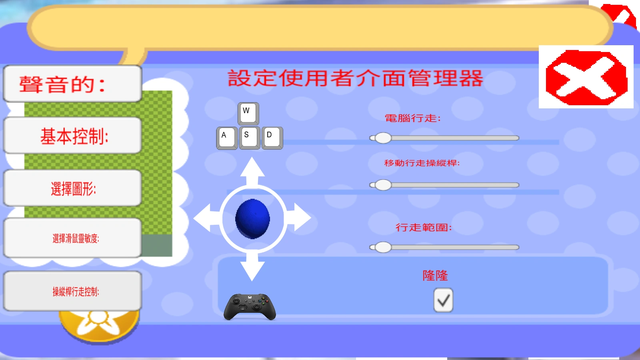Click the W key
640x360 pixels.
tap(248, 114)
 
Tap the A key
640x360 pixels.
tap(227, 138)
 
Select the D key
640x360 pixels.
tap(272, 138)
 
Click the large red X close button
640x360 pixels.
tap(586, 77)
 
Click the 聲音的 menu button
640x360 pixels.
tap(72, 84)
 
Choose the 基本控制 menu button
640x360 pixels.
tap(72, 136)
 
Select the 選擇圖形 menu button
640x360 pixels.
tap(72, 188)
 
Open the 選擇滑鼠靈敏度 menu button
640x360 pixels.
tap(72, 238)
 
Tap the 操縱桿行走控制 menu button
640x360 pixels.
tap(72, 291)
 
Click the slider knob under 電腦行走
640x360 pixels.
tap(383, 138)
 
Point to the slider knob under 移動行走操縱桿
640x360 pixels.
tap(383, 185)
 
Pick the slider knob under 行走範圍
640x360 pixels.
tap(383, 247)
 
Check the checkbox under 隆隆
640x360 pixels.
tap(443, 300)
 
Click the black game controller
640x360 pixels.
tap(250, 307)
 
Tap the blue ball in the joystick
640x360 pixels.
tap(252, 219)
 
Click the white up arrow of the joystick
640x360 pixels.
tap(252, 172)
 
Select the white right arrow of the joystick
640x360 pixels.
tap(298, 218)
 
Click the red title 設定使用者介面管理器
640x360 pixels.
tap(356, 78)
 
